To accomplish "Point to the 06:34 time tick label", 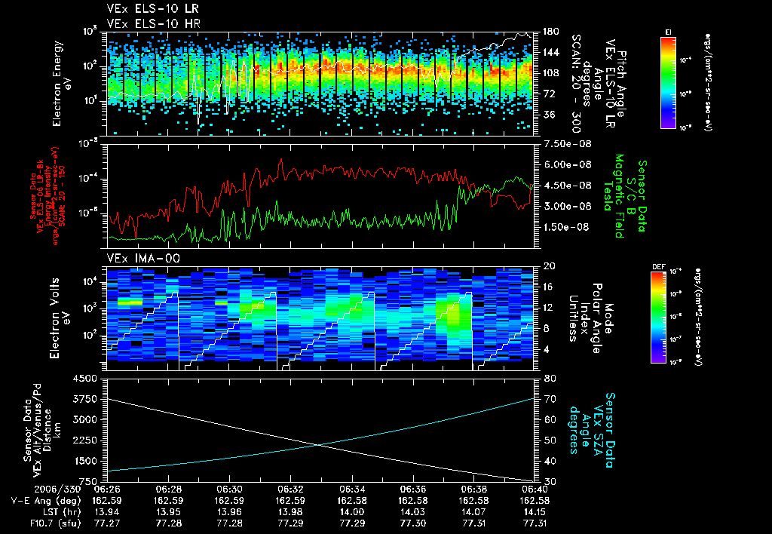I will click(x=351, y=488).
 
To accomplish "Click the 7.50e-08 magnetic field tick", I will click(x=561, y=143).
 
